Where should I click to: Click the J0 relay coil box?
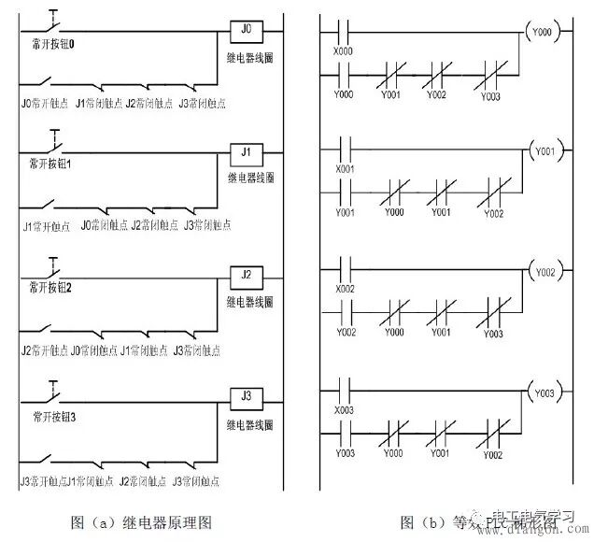(246, 30)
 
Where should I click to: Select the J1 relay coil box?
(246, 150)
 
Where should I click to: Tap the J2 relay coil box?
(246, 275)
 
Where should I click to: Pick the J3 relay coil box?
(246, 396)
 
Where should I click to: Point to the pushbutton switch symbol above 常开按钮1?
(55, 144)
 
